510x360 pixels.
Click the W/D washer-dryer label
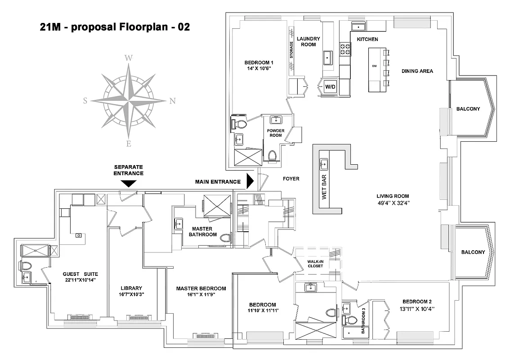pos(330,86)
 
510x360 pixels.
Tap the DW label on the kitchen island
pos(374,66)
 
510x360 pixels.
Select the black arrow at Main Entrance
pos(251,182)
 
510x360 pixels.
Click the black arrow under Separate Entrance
pos(129,183)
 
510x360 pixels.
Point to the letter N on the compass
pos(173,101)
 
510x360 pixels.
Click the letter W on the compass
pos(129,58)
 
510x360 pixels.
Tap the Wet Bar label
pos(324,185)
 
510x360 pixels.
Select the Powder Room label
pos(275,133)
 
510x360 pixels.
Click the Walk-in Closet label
pos(315,263)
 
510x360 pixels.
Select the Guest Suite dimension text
pos(81,280)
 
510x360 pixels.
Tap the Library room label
pos(131,288)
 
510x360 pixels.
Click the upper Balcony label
pos(468,109)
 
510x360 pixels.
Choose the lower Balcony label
pos(473,252)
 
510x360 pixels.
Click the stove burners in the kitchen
pos(345,49)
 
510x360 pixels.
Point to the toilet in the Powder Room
pos(271,156)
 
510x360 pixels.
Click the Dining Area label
pos(417,71)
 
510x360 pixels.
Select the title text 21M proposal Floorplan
pos(115,27)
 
